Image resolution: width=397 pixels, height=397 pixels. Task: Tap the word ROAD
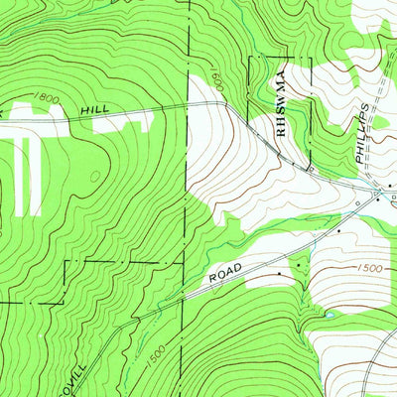point(227,277)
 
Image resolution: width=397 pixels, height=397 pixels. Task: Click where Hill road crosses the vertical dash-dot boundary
point(188,105)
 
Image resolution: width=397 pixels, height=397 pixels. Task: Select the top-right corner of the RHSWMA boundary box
point(311,58)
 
